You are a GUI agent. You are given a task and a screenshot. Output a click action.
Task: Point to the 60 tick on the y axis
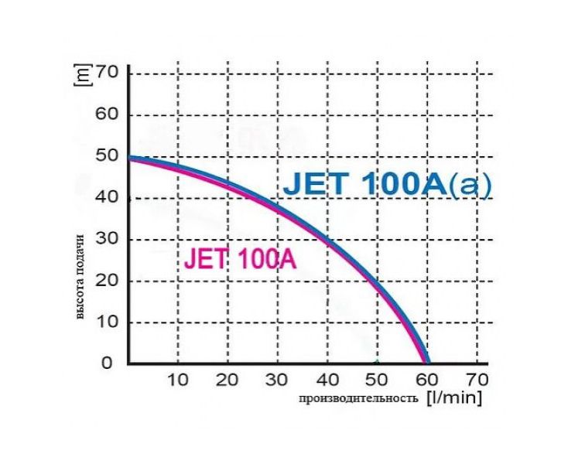[107, 115]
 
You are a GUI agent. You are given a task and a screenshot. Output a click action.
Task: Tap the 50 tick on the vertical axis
[107, 156]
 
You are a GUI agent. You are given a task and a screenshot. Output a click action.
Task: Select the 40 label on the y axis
[107, 198]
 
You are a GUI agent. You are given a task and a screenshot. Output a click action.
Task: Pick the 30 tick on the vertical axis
[107, 239]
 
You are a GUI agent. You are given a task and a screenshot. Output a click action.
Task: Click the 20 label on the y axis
[107, 281]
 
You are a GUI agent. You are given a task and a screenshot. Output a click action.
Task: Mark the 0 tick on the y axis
[113, 363]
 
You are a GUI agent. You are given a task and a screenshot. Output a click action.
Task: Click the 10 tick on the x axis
[178, 380]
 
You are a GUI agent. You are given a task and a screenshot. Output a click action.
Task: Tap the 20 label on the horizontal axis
[228, 380]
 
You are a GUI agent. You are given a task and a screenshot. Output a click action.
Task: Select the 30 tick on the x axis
[277, 380]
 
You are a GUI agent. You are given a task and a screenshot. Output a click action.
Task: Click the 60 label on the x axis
[426, 380]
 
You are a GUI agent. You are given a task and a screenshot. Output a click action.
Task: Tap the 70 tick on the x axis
[477, 380]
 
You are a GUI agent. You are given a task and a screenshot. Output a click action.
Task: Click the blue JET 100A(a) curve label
[387, 186]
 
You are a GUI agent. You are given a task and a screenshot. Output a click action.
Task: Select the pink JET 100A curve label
[240, 259]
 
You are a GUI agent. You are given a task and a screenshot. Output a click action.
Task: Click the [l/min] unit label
[454, 398]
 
